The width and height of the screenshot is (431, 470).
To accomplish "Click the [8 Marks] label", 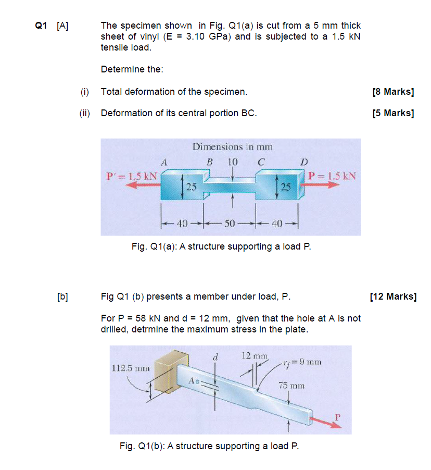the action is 393,92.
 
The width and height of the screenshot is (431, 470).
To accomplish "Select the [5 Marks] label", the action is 393,113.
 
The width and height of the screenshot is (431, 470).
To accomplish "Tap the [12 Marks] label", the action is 393,297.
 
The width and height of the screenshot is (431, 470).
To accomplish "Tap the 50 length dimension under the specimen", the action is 230,224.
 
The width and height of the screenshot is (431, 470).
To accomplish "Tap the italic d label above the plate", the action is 214,357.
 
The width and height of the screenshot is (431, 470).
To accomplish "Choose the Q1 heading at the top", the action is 41,26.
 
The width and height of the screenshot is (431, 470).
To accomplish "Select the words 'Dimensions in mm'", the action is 232,147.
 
